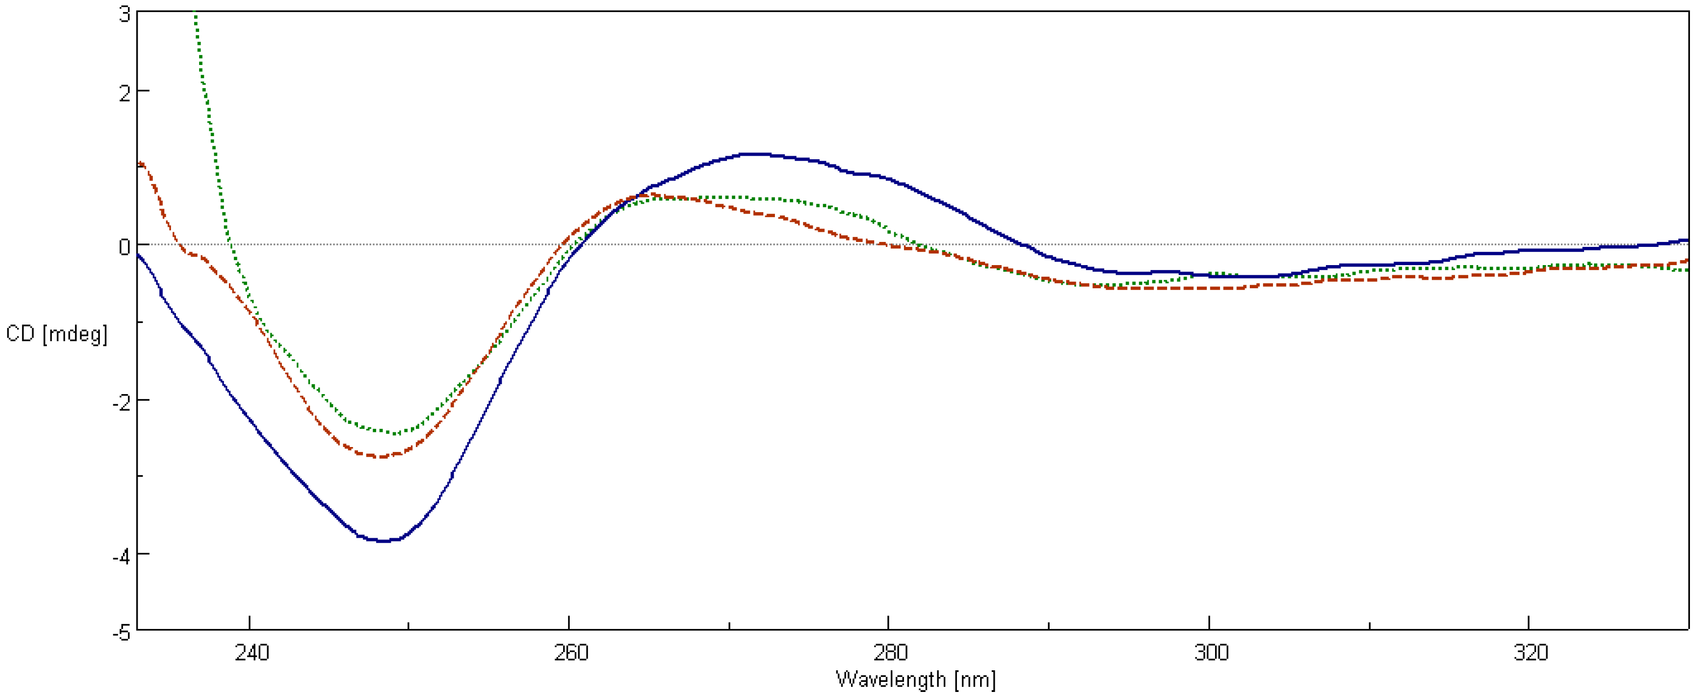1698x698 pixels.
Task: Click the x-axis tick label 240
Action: click(x=252, y=653)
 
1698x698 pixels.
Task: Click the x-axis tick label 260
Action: click(x=571, y=653)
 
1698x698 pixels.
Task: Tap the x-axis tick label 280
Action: click(x=890, y=653)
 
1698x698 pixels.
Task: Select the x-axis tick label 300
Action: click(x=1211, y=653)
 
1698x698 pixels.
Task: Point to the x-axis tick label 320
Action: click(x=1530, y=653)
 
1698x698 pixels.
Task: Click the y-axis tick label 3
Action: click(x=125, y=15)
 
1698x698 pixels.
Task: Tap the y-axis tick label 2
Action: click(x=125, y=93)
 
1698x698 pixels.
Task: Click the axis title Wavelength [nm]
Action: click(x=916, y=679)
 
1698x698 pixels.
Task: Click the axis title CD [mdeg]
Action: click(x=56, y=334)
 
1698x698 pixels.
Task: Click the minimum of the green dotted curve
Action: click(x=395, y=433)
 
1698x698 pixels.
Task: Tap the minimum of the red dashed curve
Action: click(x=381, y=456)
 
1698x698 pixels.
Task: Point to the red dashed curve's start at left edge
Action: click(x=140, y=163)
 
